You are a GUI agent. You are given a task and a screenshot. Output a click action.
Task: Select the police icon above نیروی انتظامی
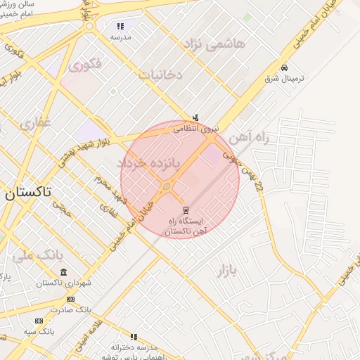195,117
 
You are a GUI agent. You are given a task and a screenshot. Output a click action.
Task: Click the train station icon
186,210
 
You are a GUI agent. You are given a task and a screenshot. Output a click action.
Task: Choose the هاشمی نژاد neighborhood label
214,44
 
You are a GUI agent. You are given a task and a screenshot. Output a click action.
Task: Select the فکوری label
86,65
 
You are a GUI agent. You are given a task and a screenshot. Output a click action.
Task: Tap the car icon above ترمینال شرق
283,67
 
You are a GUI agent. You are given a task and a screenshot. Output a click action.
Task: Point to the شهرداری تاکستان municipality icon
64,272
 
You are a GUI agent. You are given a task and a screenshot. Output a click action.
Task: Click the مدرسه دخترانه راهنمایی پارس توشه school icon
134,337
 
